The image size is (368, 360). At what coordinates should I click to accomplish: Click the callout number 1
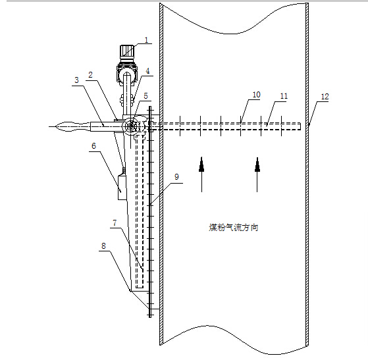147,40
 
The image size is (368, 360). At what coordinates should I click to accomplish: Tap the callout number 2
90,75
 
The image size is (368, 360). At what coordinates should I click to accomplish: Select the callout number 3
77,80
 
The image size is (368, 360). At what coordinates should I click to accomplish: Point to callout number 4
147,71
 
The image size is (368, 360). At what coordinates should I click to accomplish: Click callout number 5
145,95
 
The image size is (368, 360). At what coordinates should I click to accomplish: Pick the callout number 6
94,146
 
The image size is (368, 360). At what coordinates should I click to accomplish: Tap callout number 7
115,222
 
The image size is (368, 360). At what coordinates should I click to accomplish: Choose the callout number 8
104,246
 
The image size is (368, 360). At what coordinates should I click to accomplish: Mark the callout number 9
176,177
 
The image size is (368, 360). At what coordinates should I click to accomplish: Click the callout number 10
257,95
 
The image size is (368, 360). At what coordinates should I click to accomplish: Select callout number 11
284,96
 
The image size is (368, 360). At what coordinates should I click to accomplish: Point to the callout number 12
325,97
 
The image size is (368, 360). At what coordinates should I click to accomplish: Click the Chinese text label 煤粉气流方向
234,228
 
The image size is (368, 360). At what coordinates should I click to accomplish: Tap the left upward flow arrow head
201,165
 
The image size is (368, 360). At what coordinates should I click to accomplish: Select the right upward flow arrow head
257,165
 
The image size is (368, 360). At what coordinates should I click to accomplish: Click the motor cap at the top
127,51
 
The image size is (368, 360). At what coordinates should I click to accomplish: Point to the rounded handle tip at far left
57,126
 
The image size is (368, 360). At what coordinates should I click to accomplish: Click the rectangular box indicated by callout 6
122,188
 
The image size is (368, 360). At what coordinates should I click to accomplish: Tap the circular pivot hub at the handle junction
131,126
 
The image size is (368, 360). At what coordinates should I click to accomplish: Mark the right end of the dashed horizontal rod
300,126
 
